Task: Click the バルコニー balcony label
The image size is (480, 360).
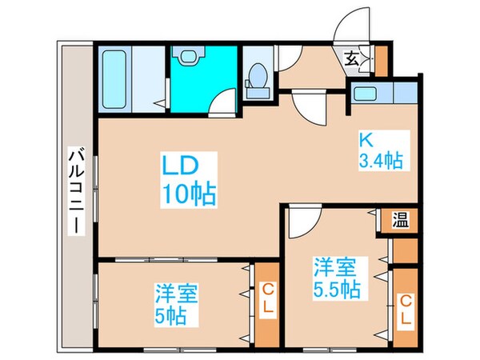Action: pyautogui.click(x=75, y=190)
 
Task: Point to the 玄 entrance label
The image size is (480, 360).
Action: pyautogui.click(x=352, y=58)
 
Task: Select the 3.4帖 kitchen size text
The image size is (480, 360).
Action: pyautogui.click(x=378, y=160)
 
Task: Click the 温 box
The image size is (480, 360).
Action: pyautogui.click(x=400, y=220)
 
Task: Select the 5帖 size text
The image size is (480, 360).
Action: pyautogui.click(x=171, y=314)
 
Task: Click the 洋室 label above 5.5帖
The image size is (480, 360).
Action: pyautogui.click(x=330, y=265)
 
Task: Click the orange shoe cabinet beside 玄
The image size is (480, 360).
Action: pyautogui.click(x=380, y=58)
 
